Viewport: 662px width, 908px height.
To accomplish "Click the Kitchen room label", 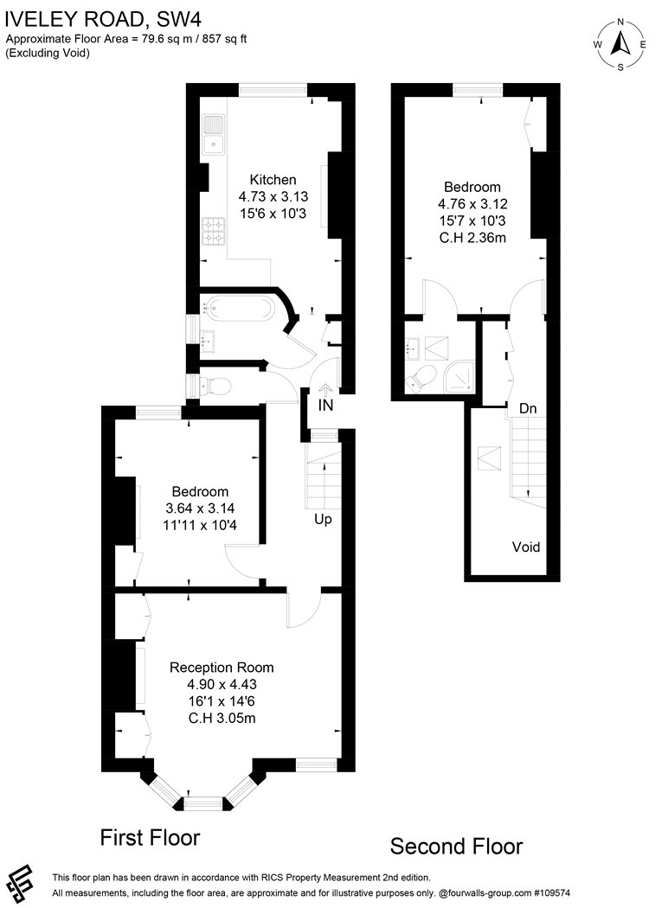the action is pos(273,180).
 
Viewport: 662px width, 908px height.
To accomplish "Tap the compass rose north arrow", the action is pos(620,43).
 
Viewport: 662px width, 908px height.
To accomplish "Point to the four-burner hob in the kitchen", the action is pos(214,231).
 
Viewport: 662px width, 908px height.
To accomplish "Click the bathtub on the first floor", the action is pos(237,308).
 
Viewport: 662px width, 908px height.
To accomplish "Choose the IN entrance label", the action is pos(325,406).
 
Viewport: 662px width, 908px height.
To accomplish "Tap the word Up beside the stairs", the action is pos(323,520).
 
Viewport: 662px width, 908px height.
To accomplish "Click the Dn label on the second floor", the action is pos(528,409).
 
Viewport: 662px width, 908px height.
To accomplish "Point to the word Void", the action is pos(526,547).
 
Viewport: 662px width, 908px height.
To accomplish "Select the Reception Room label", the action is pos(222,668).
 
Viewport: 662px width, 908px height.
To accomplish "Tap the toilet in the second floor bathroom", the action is pos(421,378).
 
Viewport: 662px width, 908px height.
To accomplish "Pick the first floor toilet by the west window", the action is pos(215,385).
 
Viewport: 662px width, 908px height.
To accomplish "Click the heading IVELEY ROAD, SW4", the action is pos(103,20).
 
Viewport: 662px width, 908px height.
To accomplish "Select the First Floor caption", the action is pos(150,837).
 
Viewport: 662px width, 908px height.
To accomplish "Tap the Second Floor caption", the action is pos(456,847).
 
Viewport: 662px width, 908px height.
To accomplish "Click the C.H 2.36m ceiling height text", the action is pos(472,238).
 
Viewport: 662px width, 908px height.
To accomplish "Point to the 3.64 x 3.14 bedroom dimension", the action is pos(200,508).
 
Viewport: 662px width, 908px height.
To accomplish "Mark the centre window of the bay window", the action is pos(202,803).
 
